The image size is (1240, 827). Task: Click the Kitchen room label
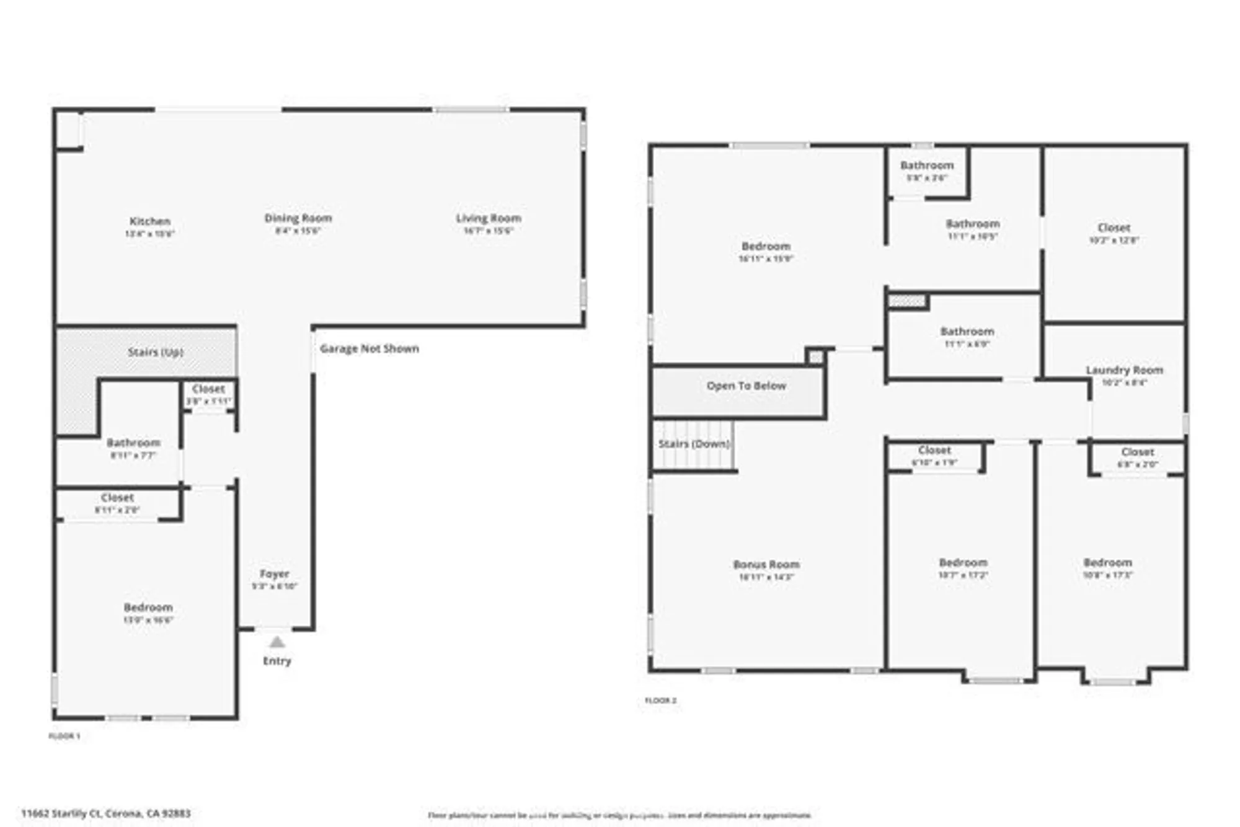[x=149, y=221]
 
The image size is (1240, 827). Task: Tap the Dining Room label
[x=298, y=218]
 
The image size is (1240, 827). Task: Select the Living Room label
[x=489, y=218]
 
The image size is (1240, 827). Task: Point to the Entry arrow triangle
[x=277, y=642]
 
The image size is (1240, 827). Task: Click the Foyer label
[x=274, y=574]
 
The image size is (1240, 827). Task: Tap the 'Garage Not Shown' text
[x=370, y=348]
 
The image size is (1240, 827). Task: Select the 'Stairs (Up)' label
[x=155, y=352]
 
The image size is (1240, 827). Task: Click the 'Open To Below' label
[x=746, y=386]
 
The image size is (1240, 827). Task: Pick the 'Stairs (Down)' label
[x=694, y=444]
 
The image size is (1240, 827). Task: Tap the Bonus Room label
[x=766, y=565]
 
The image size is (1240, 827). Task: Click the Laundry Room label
[x=1124, y=370]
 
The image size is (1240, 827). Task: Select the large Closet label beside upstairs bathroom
[x=1114, y=228]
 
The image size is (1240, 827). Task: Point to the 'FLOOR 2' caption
[x=661, y=701]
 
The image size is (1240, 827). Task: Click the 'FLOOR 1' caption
[x=64, y=736]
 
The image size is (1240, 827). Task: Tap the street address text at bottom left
[x=106, y=813]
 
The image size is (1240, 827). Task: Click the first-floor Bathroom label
[x=133, y=443]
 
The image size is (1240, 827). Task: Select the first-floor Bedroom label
[x=148, y=608]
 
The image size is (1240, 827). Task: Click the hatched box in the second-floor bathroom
[x=907, y=301]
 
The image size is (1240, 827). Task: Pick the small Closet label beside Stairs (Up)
[x=208, y=389]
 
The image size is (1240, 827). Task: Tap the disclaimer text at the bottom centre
[x=619, y=815]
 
